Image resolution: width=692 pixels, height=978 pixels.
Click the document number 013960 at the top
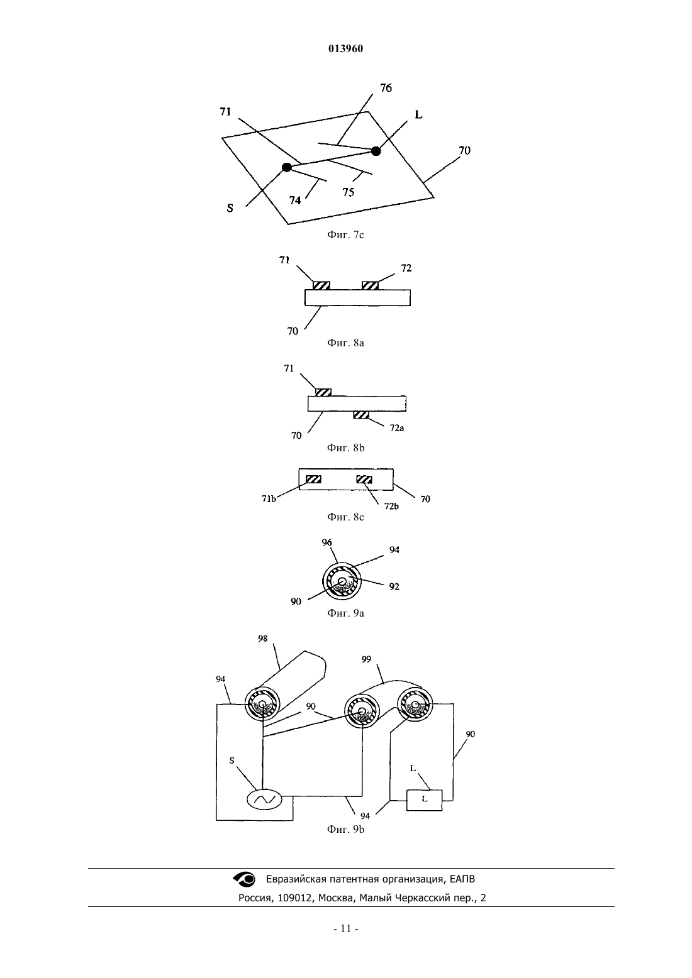345,48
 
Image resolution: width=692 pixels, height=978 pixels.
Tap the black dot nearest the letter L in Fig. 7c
376,151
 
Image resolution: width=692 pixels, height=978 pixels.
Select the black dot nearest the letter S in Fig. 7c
287,167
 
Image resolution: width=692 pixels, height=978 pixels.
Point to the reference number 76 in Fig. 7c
386,88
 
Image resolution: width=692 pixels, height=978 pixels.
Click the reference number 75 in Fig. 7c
348,192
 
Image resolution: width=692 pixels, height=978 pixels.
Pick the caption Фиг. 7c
345,235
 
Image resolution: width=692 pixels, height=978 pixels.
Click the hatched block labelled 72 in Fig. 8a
370,285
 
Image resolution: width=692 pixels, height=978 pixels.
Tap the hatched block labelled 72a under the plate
361,415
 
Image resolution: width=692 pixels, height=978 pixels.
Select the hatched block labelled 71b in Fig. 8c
313,480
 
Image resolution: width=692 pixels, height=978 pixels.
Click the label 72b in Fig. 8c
391,506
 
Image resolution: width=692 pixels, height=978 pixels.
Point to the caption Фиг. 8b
345,448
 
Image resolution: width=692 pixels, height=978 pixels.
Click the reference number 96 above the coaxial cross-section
326,542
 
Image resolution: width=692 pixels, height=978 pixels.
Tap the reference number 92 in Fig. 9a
394,586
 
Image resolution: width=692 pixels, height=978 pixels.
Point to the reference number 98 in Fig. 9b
262,639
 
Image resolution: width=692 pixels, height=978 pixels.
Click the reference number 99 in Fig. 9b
366,659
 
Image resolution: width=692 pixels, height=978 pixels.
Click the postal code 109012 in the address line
294,898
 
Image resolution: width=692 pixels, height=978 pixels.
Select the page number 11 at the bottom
346,929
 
